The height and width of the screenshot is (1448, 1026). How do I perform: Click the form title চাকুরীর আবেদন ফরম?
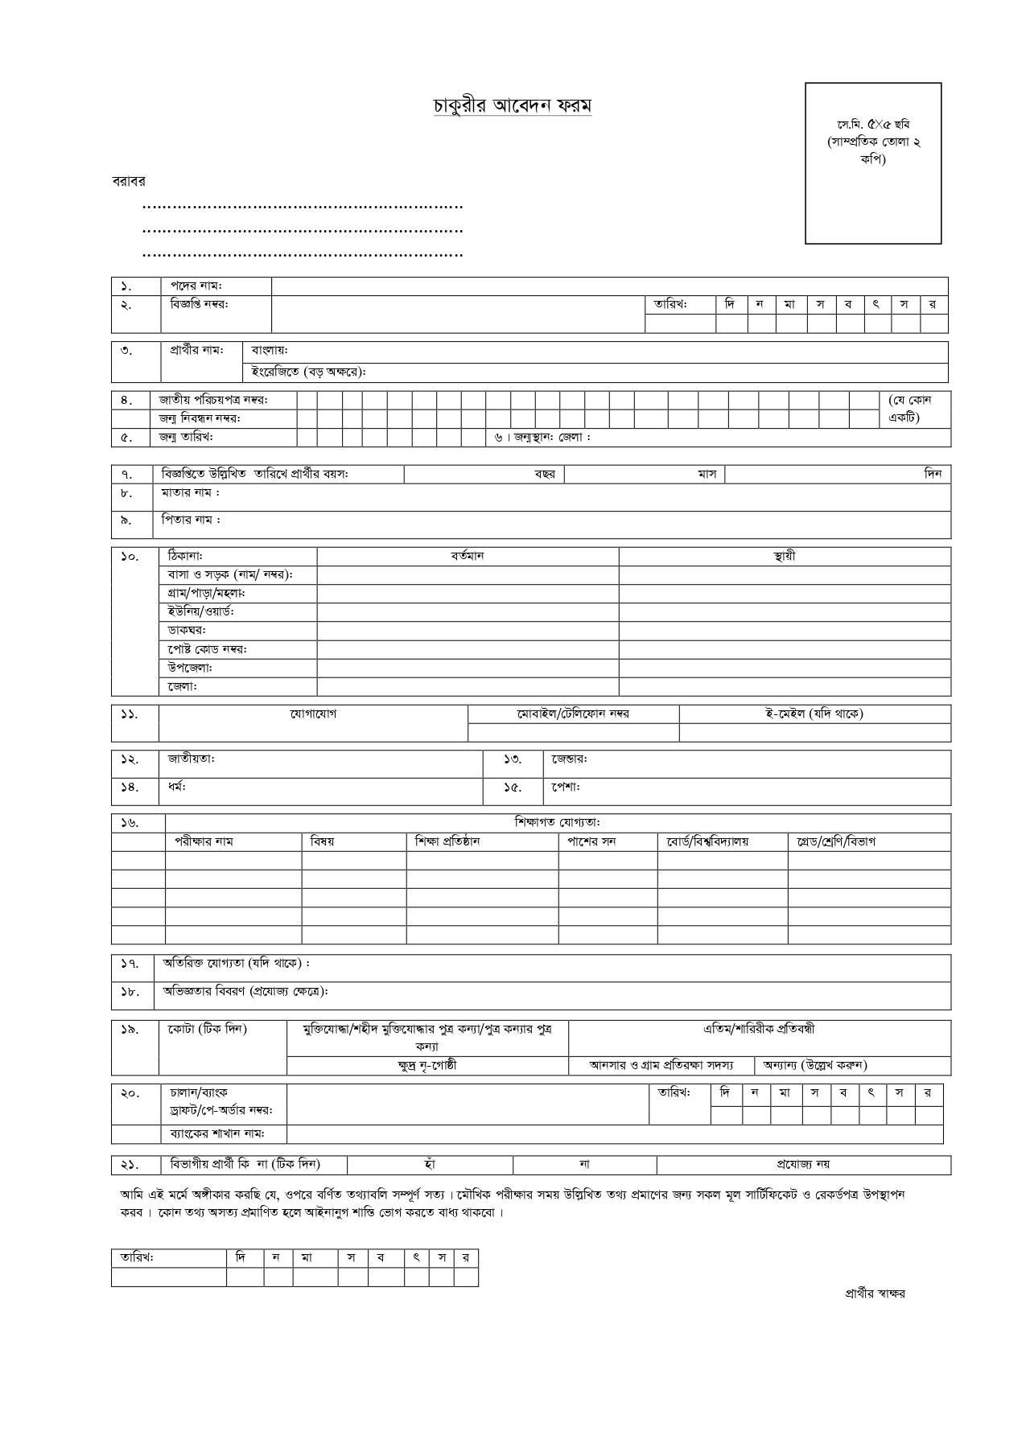[x=513, y=106]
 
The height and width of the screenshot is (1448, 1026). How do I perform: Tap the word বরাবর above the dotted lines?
[x=129, y=182]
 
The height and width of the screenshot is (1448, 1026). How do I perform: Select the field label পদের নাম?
[x=196, y=286]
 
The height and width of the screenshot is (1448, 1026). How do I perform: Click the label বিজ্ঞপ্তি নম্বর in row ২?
[x=199, y=304]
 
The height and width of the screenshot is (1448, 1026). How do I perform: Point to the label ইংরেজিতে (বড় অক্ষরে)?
[x=309, y=372]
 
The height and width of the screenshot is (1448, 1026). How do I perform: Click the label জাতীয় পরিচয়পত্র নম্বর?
[x=213, y=400]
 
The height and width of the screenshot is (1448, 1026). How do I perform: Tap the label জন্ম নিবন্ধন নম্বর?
[x=200, y=418]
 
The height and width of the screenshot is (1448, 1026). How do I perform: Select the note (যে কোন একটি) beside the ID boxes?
[x=910, y=409]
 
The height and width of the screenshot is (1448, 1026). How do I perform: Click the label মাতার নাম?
[x=190, y=492]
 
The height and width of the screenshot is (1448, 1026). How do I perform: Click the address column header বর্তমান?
[x=468, y=557]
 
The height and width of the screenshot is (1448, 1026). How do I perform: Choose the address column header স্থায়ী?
[x=784, y=557]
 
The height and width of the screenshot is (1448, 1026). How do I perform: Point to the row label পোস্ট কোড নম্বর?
[x=207, y=649]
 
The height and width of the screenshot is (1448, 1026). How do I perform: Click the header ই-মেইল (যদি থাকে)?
[x=814, y=714]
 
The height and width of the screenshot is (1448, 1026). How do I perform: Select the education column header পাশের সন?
[x=592, y=841]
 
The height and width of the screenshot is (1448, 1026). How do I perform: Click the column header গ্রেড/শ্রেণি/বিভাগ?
[x=836, y=841]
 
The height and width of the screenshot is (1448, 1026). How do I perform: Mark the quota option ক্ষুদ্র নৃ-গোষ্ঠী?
[x=427, y=1066]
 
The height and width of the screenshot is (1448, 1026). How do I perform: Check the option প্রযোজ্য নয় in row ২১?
[x=803, y=1164]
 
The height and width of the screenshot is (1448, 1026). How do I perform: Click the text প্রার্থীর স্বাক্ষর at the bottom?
[x=875, y=1294]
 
